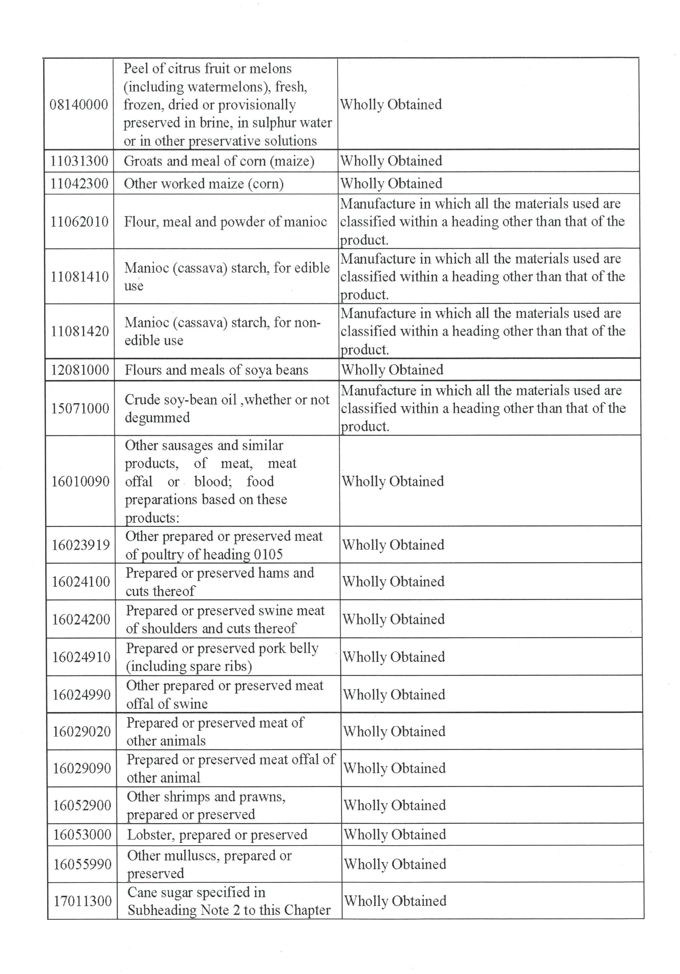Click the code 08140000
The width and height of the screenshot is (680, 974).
(79, 104)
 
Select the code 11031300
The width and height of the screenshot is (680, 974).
(79, 161)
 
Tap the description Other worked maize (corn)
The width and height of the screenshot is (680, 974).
(204, 184)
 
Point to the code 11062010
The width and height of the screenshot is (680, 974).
(80, 222)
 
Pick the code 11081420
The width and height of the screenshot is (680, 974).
(80, 331)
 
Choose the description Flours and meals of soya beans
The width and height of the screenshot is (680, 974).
(216, 370)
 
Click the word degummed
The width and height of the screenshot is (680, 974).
(157, 418)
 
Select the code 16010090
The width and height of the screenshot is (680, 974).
(81, 482)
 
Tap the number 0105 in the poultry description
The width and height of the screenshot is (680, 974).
(268, 554)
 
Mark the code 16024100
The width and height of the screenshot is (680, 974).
(81, 582)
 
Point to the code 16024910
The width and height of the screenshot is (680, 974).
(82, 657)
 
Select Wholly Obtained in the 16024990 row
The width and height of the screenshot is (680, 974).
(394, 695)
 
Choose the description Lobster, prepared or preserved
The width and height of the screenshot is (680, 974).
(217, 835)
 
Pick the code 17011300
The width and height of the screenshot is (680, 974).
(83, 901)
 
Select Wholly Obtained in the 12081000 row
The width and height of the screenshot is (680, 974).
(392, 370)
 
